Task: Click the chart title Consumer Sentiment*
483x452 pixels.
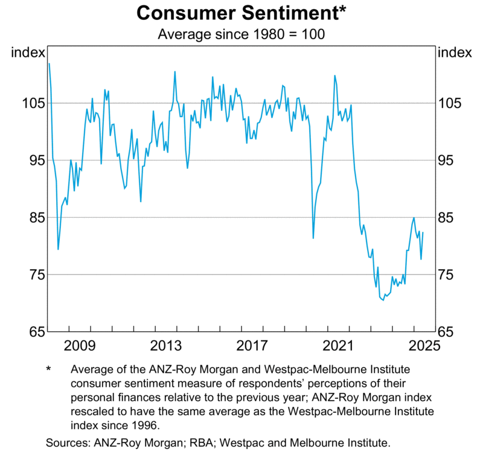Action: (241, 13)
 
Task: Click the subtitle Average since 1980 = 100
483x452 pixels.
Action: (241, 34)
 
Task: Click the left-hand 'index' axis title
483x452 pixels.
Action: (28, 53)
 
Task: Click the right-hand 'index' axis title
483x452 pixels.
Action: (454, 53)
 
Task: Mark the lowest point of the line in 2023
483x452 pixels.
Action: (383, 301)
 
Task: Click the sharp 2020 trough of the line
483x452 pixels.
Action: (313, 238)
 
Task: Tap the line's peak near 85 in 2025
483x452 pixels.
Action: (414, 218)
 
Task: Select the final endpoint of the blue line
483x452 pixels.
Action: (423, 232)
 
